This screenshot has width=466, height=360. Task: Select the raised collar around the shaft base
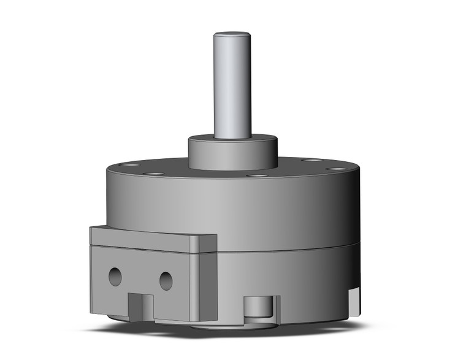[x=232, y=153]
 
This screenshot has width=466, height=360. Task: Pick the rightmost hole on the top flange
[x=335, y=168]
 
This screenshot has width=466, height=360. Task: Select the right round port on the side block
[x=166, y=281]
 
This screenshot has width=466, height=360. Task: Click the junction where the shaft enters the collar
[x=232, y=136]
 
